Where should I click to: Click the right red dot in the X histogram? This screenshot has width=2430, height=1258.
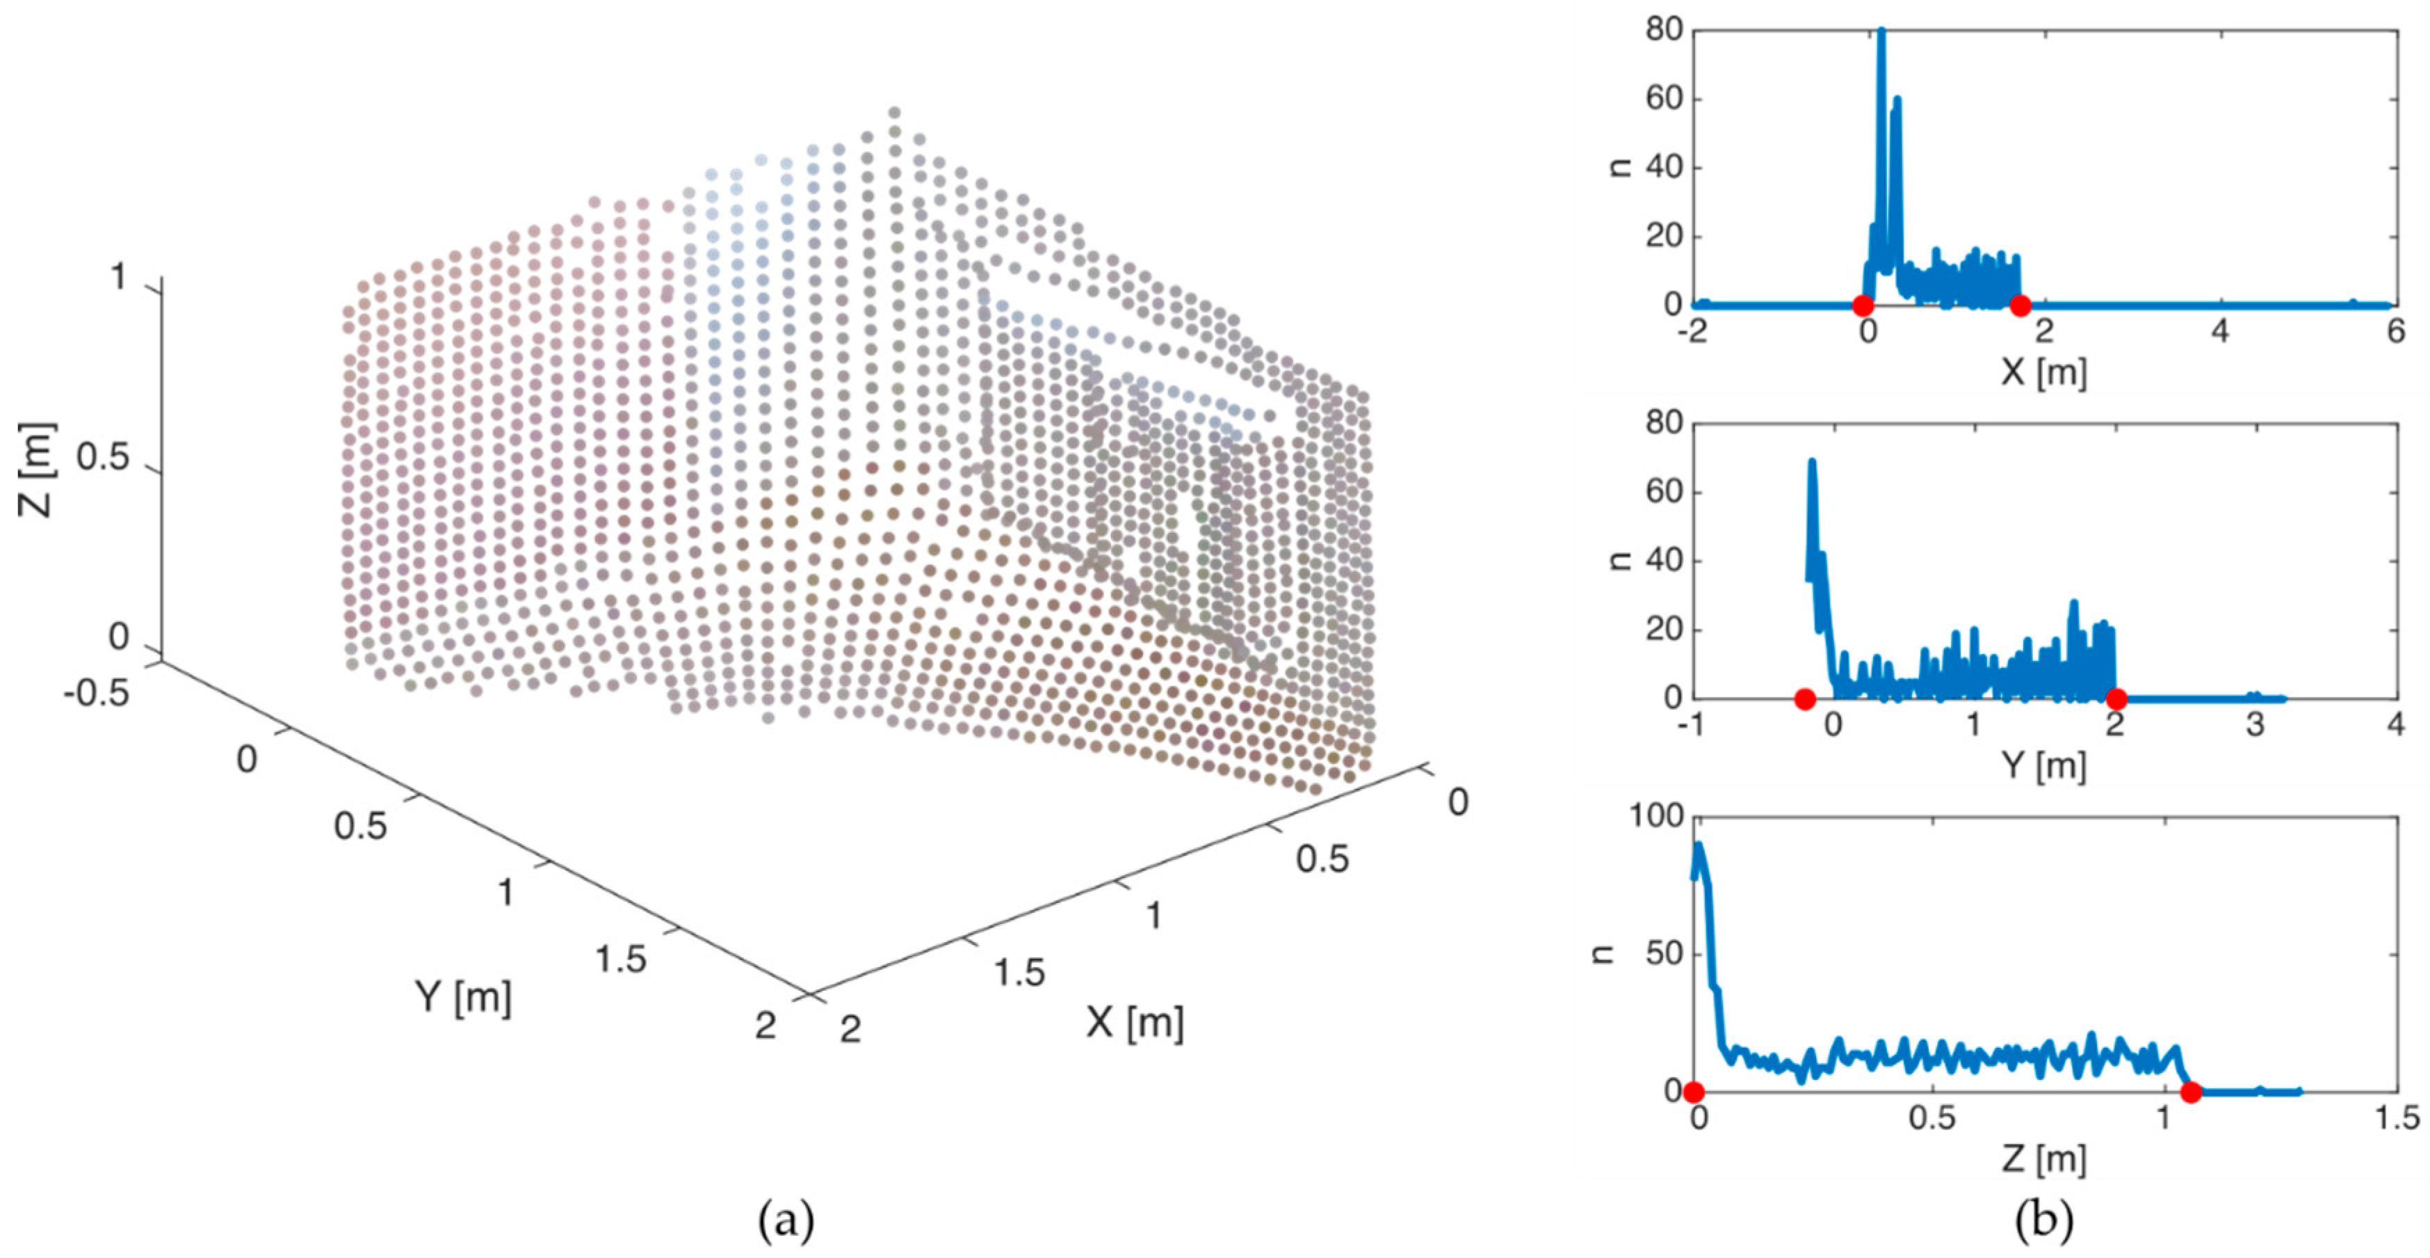2020,305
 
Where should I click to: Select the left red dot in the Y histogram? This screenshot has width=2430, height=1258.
1804,699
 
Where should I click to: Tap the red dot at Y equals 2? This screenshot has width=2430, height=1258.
2116,699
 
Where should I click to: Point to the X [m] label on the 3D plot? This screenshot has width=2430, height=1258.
1134,1022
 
